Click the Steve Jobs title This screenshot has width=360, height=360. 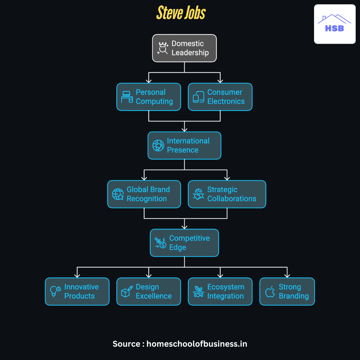(181, 13)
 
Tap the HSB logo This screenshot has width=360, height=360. (335, 24)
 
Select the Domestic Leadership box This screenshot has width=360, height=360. (184, 48)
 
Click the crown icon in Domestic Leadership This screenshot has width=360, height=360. (163, 48)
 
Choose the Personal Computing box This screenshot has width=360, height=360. (149, 97)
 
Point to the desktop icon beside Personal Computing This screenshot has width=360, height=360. (127, 97)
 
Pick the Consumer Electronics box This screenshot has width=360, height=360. (220, 97)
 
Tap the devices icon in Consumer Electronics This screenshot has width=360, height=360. (198, 97)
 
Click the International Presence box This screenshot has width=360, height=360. (184, 145)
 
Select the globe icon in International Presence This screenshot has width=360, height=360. (158, 146)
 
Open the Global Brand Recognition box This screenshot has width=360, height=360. (144, 194)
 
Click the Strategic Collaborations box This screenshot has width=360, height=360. (227, 194)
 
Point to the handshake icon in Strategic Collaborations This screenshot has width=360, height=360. (199, 194)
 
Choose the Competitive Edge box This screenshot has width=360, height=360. (184, 243)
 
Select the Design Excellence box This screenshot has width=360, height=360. (149, 291)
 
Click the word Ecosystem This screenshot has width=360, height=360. (226, 287)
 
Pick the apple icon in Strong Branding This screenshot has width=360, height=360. (270, 291)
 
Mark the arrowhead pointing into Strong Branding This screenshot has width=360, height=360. (287, 275)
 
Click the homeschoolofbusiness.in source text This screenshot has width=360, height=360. (197, 344)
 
